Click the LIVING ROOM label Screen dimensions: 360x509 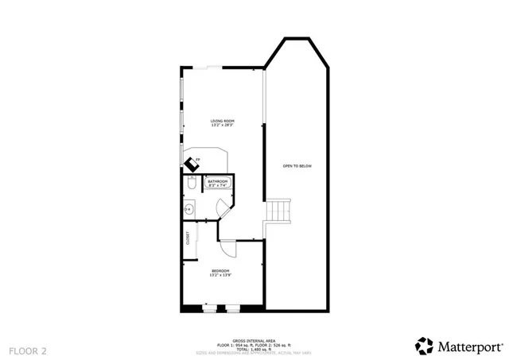click(x=222, y=121)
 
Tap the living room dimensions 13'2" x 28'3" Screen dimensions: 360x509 click(x=222, y=126)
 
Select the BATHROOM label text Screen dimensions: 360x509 click(x=218, y=181)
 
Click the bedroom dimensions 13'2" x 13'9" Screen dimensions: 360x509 click(x=221, y=277)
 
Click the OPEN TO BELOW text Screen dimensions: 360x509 click(x=297, y=166)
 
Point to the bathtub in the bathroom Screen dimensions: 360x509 click(x=218, y=184)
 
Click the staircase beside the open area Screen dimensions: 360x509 click(x=278, y=211)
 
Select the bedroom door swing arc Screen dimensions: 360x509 click(x=229, y=247)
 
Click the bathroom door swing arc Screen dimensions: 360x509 click(x=224, y=207)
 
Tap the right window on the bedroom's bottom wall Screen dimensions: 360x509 click(x=234, y=307)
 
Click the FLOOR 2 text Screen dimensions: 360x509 click(x=28, y=349)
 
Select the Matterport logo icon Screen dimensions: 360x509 click(x=425, y=346)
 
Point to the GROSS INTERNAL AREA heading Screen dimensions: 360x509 click(x=254, y=340)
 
